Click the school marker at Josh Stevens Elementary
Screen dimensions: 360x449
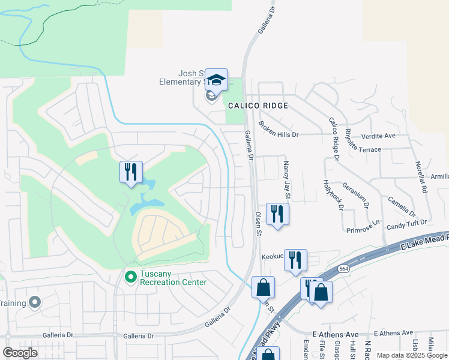point(216,80)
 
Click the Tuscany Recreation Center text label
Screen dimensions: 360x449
point(173,278)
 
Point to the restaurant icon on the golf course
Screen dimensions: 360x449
point(131,173)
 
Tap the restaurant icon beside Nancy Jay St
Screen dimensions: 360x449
point(277,214)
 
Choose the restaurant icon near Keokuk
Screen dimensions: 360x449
point(295,260)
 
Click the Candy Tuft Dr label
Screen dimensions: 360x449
point(406,223)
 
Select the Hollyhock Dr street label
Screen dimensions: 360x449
point(333,194)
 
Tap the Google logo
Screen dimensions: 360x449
point(20,353)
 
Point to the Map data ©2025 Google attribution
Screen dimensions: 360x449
point(412,355)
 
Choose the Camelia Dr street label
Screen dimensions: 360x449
point(401,206)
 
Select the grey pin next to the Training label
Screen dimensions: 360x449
point(35,302)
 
